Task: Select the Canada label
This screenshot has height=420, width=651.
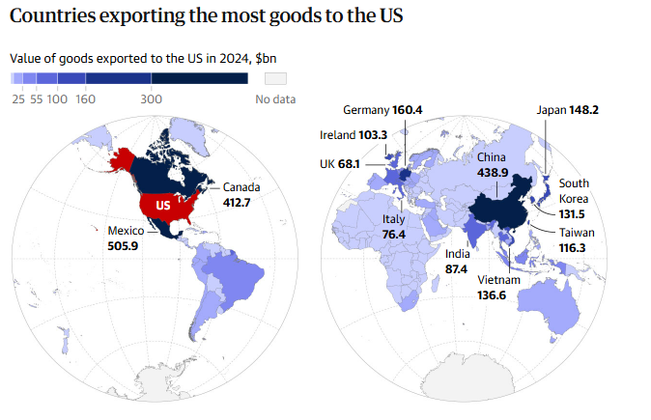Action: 241,187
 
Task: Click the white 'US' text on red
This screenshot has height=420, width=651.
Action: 164,206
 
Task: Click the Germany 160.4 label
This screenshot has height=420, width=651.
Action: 382,110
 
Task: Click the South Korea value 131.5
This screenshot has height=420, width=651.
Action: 572,213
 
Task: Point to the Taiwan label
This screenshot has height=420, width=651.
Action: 577,233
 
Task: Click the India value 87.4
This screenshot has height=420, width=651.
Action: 456,268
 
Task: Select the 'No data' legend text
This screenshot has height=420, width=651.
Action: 275,98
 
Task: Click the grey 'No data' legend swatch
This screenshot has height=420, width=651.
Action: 276,78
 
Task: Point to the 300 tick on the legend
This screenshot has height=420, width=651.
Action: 151,98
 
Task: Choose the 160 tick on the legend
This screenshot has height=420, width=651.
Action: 85,98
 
